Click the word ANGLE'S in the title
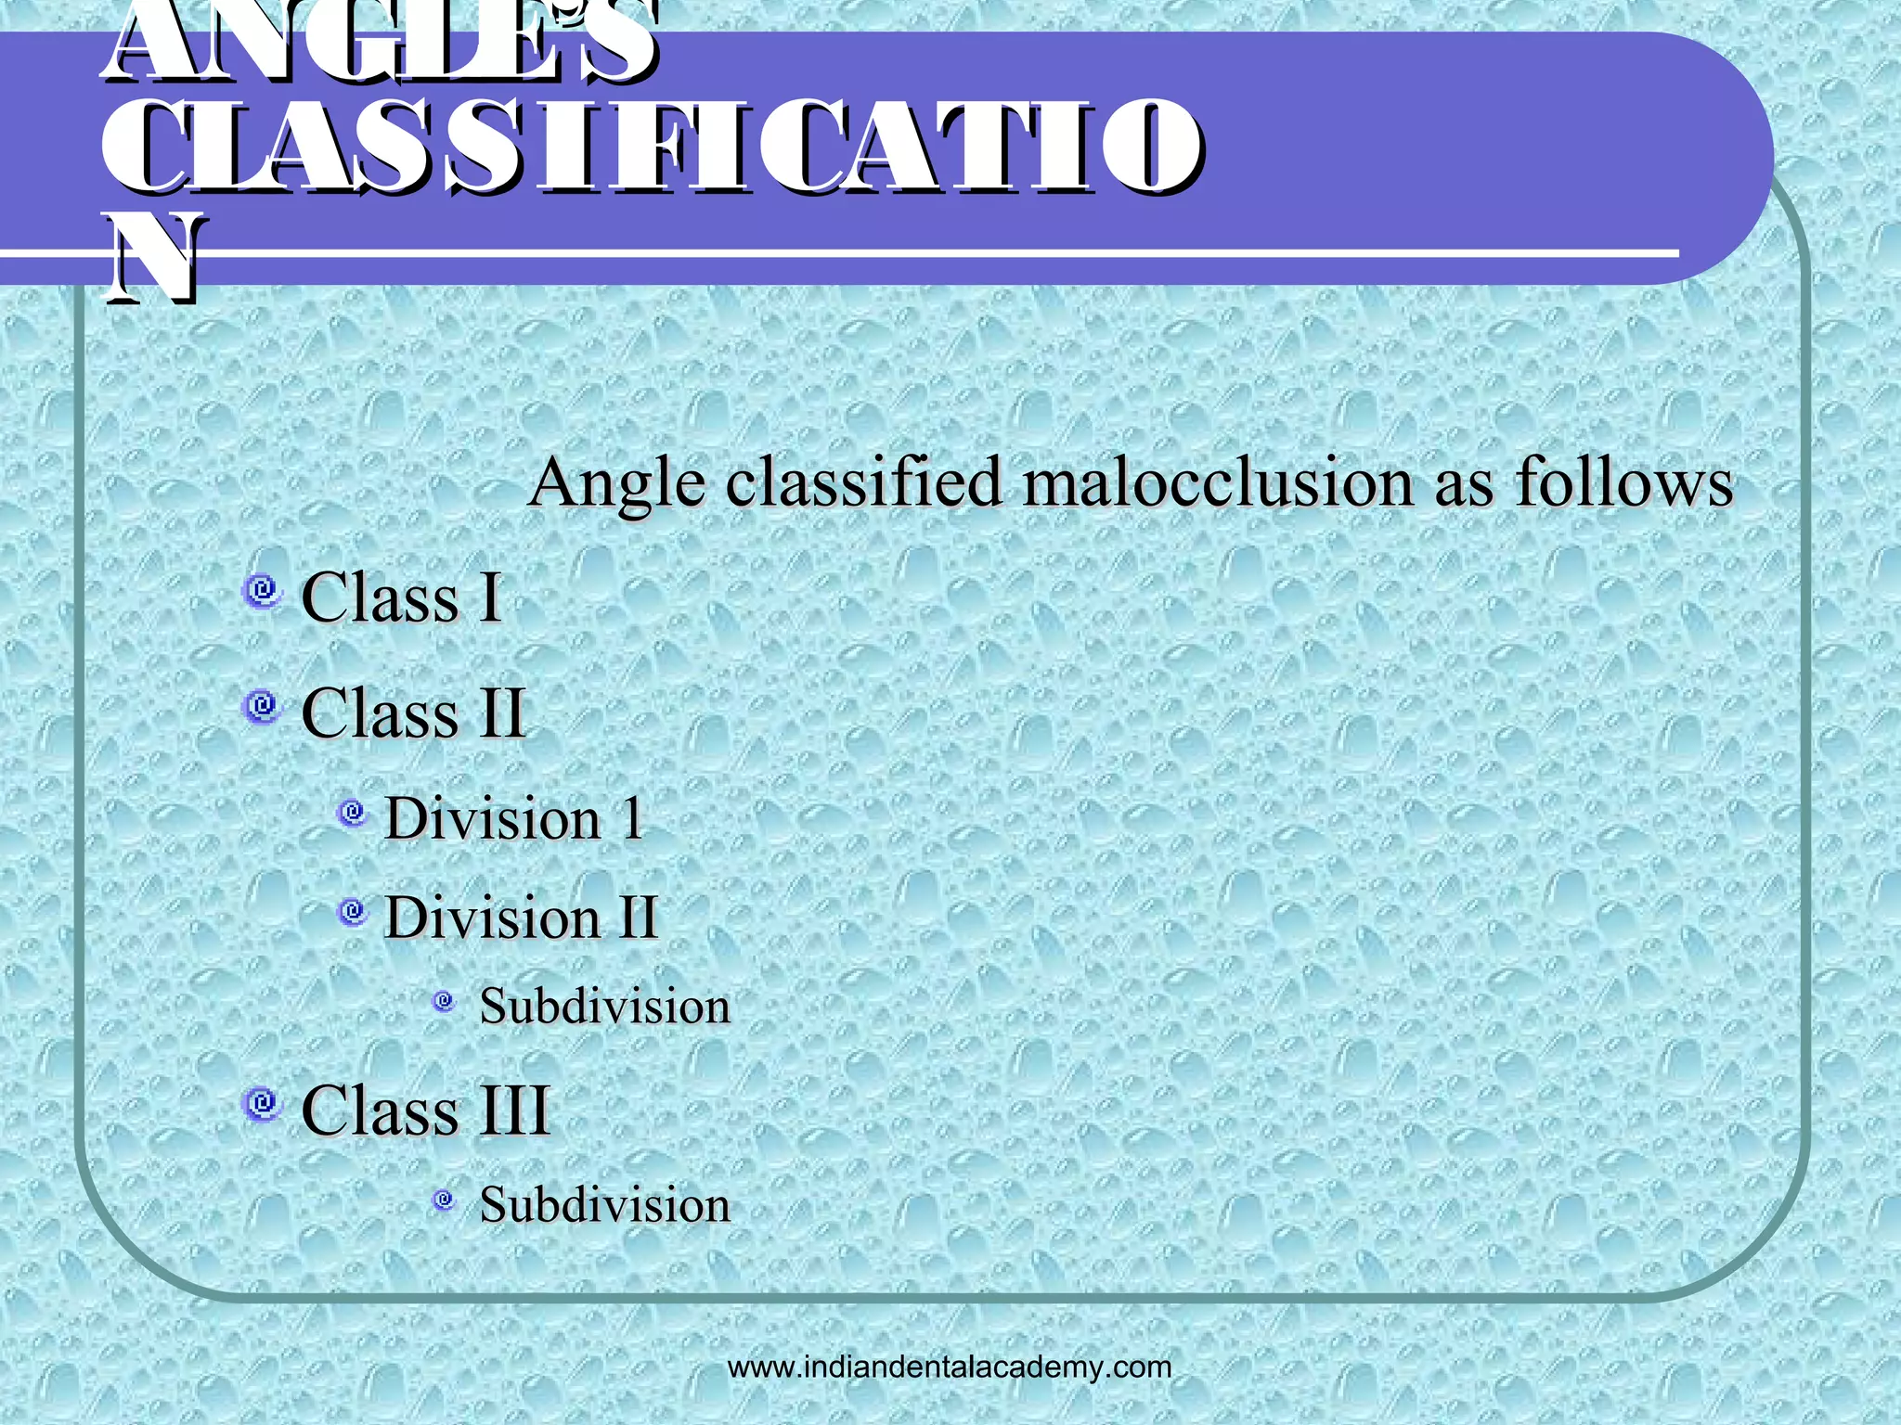[381, 42]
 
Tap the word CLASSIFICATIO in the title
[650, 148]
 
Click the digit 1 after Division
[632, 819]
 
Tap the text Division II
[521, 918]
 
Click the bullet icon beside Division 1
[352, 814]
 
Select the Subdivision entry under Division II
[604, 1007]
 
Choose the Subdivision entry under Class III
[604, 1205]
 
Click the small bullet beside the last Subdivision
[445, 1200]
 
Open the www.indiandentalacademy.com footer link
[950, 1367]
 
